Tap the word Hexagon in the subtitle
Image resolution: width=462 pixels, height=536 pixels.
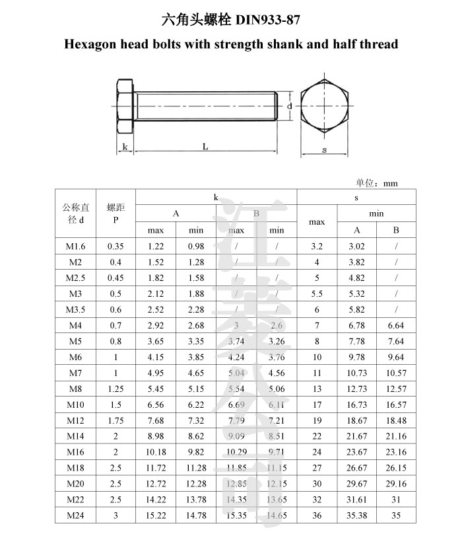93,45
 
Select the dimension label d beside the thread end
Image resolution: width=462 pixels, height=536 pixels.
290,106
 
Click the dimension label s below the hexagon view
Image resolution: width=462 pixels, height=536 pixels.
324,149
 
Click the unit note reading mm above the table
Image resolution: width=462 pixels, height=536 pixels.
390,183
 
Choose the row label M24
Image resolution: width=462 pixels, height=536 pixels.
76,516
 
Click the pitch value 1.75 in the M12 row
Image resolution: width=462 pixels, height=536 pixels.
115,420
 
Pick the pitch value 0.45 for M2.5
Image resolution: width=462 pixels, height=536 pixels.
115,278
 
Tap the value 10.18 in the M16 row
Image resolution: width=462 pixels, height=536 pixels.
156,452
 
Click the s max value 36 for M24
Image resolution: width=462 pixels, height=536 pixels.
317,516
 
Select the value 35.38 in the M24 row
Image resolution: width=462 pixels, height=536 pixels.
357,516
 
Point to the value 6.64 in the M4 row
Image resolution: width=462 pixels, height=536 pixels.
396,325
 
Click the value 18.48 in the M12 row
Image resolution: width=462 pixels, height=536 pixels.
396,420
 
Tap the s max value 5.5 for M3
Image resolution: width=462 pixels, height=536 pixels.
317,293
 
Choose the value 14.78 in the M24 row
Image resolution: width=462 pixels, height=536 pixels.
196,516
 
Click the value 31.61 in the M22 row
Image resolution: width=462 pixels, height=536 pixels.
357,500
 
